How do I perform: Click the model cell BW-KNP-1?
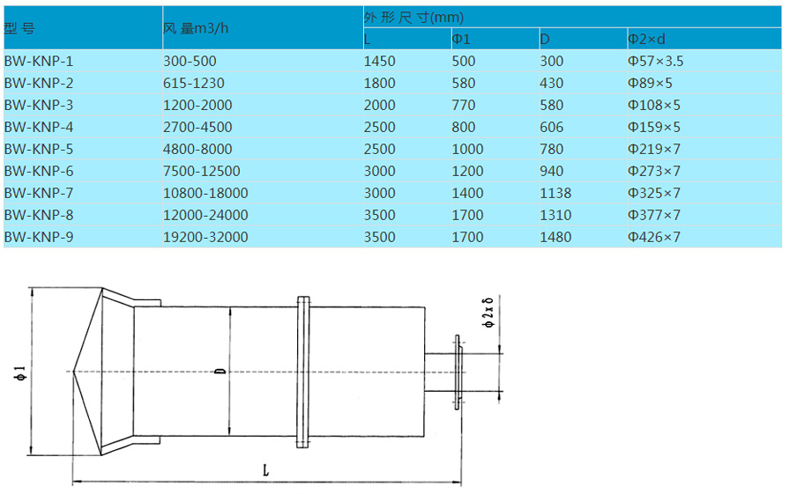click(39, 62)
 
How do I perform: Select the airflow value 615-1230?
click(194, 84)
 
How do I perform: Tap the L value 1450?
click(379, 62)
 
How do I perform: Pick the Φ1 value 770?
click(464, 106)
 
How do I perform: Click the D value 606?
click(552, 127)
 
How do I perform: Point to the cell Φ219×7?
click(653, 149)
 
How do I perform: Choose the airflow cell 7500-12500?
click(201, 172)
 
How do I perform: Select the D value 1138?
click(555, 194)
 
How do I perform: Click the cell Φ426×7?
click(653, 237)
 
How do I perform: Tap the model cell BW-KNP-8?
click(39, 215)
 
